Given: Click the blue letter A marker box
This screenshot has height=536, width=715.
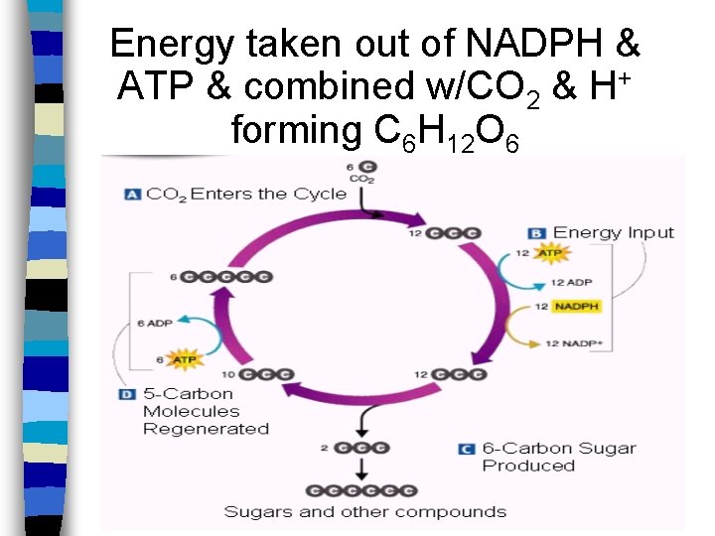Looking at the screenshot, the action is (132, 195).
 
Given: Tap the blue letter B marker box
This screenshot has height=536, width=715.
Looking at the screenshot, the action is (537, 233).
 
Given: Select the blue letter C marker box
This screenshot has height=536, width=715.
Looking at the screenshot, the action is (466, 449).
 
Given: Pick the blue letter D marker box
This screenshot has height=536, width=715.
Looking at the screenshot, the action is (127, 394).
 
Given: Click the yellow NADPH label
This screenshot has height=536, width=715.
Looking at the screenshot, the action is (576, 307).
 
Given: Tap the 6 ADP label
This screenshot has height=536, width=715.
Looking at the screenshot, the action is (154, 324).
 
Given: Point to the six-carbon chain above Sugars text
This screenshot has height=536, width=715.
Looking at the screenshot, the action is (360, 490).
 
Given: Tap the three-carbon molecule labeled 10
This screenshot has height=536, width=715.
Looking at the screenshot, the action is (265, 374).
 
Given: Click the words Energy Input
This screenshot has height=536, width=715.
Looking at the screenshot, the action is (613, 233).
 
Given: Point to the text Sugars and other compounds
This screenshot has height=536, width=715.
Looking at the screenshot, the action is (364, 512).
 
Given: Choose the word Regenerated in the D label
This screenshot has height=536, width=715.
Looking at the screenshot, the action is (206, 429).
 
